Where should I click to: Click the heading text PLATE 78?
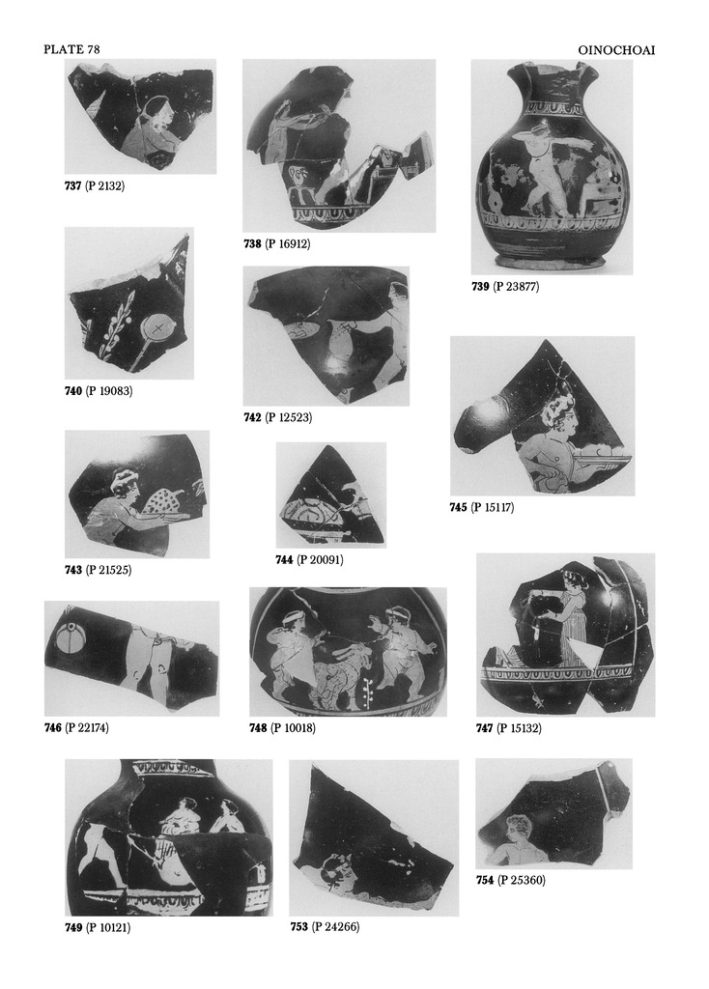click(x=71, y=49)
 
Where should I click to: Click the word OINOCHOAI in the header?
click(x=616, y=49)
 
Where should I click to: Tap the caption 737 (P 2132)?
click(x=95, y=186)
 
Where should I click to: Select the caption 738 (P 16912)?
click(x=277, y=243)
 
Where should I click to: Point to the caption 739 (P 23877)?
click(x=505, y=286)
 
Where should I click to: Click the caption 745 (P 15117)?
click(x=482, y=507)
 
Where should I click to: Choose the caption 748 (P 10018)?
click(x=283, y=728)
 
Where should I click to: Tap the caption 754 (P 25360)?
click(x=510, y=880)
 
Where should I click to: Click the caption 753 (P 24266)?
click(x=325, y=926)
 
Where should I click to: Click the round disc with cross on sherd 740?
click(x=157, y=327)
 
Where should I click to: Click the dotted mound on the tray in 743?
click(x=163, y=501)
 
